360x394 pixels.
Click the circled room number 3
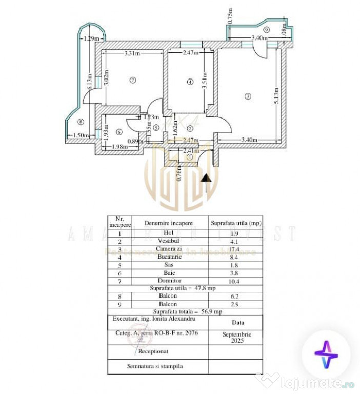pos(248,96)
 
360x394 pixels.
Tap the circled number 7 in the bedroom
pos(132,80)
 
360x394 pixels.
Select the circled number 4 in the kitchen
pos(190,82)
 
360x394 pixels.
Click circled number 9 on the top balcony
pos(267,30)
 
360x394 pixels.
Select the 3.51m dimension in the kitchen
pos(204,83)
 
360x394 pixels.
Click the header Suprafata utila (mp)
pos(235,223)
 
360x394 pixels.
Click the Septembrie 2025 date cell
pos(235,337)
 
